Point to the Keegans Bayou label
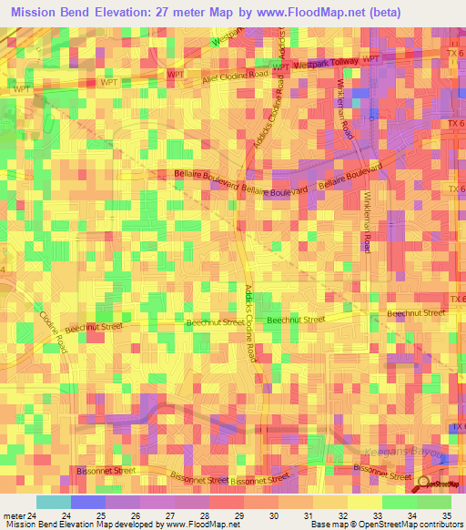coord(414,451)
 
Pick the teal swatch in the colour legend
coord(54,502)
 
